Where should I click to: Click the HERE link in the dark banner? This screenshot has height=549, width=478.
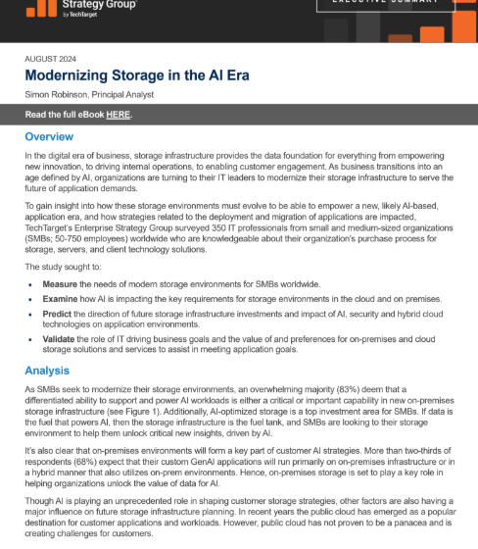[119, 114]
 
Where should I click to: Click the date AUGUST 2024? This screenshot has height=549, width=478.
[53, 58]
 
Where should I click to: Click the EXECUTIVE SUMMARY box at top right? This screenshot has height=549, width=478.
[385, 5]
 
